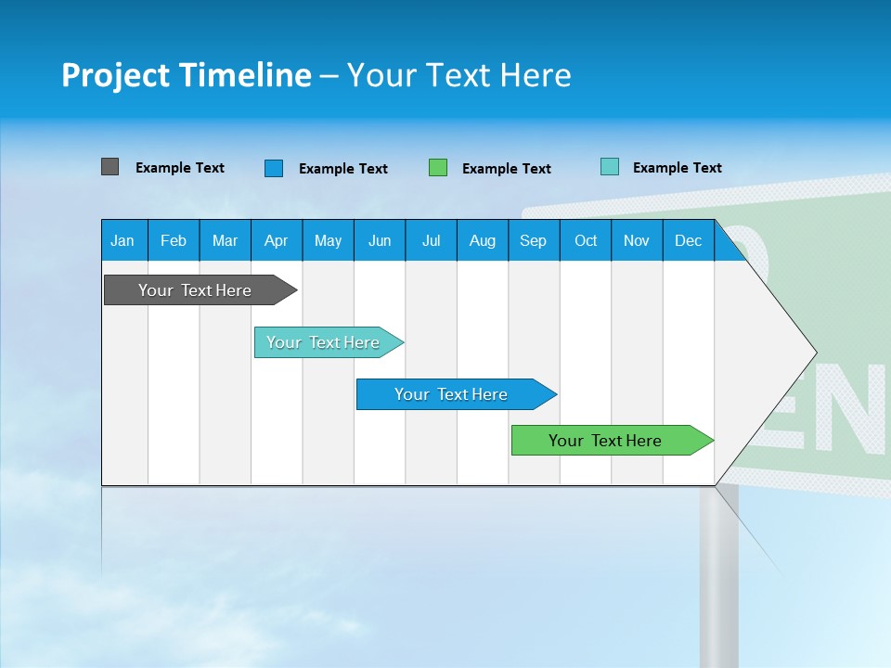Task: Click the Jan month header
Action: [123, 240]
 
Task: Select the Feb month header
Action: [174, 240]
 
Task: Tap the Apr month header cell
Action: [277, 240]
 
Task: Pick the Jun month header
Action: [380, 240]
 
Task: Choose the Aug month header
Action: [483, 240]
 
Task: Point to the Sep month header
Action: [534, 240]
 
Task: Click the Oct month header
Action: [586, 240]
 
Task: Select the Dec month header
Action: [689, 240]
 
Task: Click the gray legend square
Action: [110, 167]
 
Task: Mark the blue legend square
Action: [274, 168]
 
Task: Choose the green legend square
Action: [438, 168]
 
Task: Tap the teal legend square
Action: [610, 167]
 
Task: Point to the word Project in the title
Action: [115, 75]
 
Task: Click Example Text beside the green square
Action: [507, 169]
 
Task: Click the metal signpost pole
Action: [719, 575]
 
